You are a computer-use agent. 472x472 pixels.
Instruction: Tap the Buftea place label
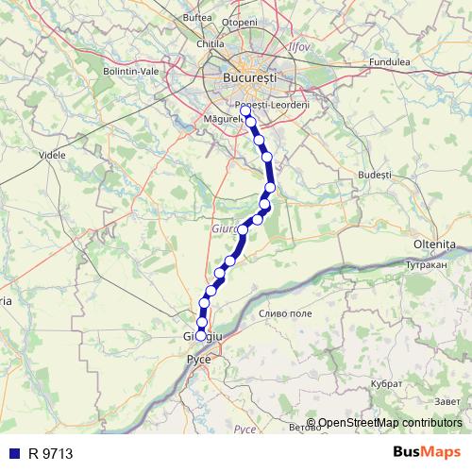pos(197,18)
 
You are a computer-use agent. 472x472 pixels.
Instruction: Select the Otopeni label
pos(241,22)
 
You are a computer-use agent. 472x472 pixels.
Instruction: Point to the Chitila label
pos(210,43)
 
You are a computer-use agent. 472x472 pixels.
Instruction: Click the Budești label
pos(375,176)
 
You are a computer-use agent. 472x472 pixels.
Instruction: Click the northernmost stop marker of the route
pos(245,110)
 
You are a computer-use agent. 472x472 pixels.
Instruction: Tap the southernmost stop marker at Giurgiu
pos(200,335)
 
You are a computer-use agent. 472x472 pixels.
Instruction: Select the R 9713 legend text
pos(51,454)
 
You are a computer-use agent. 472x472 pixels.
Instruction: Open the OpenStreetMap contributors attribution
pos(389,424)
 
